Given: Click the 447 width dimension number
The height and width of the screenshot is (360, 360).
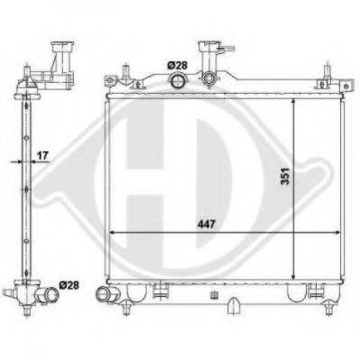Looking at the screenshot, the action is (207, 224).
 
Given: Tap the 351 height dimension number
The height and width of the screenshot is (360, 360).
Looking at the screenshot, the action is (285, 176).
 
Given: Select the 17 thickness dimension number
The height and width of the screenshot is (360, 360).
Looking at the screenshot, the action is (42, 155).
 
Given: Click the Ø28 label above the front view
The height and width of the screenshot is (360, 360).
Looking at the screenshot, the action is (178, 65).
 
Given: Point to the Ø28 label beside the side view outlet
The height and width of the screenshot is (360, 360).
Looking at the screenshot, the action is (69, 285).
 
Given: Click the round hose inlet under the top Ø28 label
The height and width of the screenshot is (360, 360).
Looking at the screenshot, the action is (178, 80).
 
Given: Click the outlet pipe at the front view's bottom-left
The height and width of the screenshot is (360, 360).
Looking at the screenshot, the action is (106, 294).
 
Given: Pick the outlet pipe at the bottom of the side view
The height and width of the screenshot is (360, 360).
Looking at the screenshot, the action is (47, 293).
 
